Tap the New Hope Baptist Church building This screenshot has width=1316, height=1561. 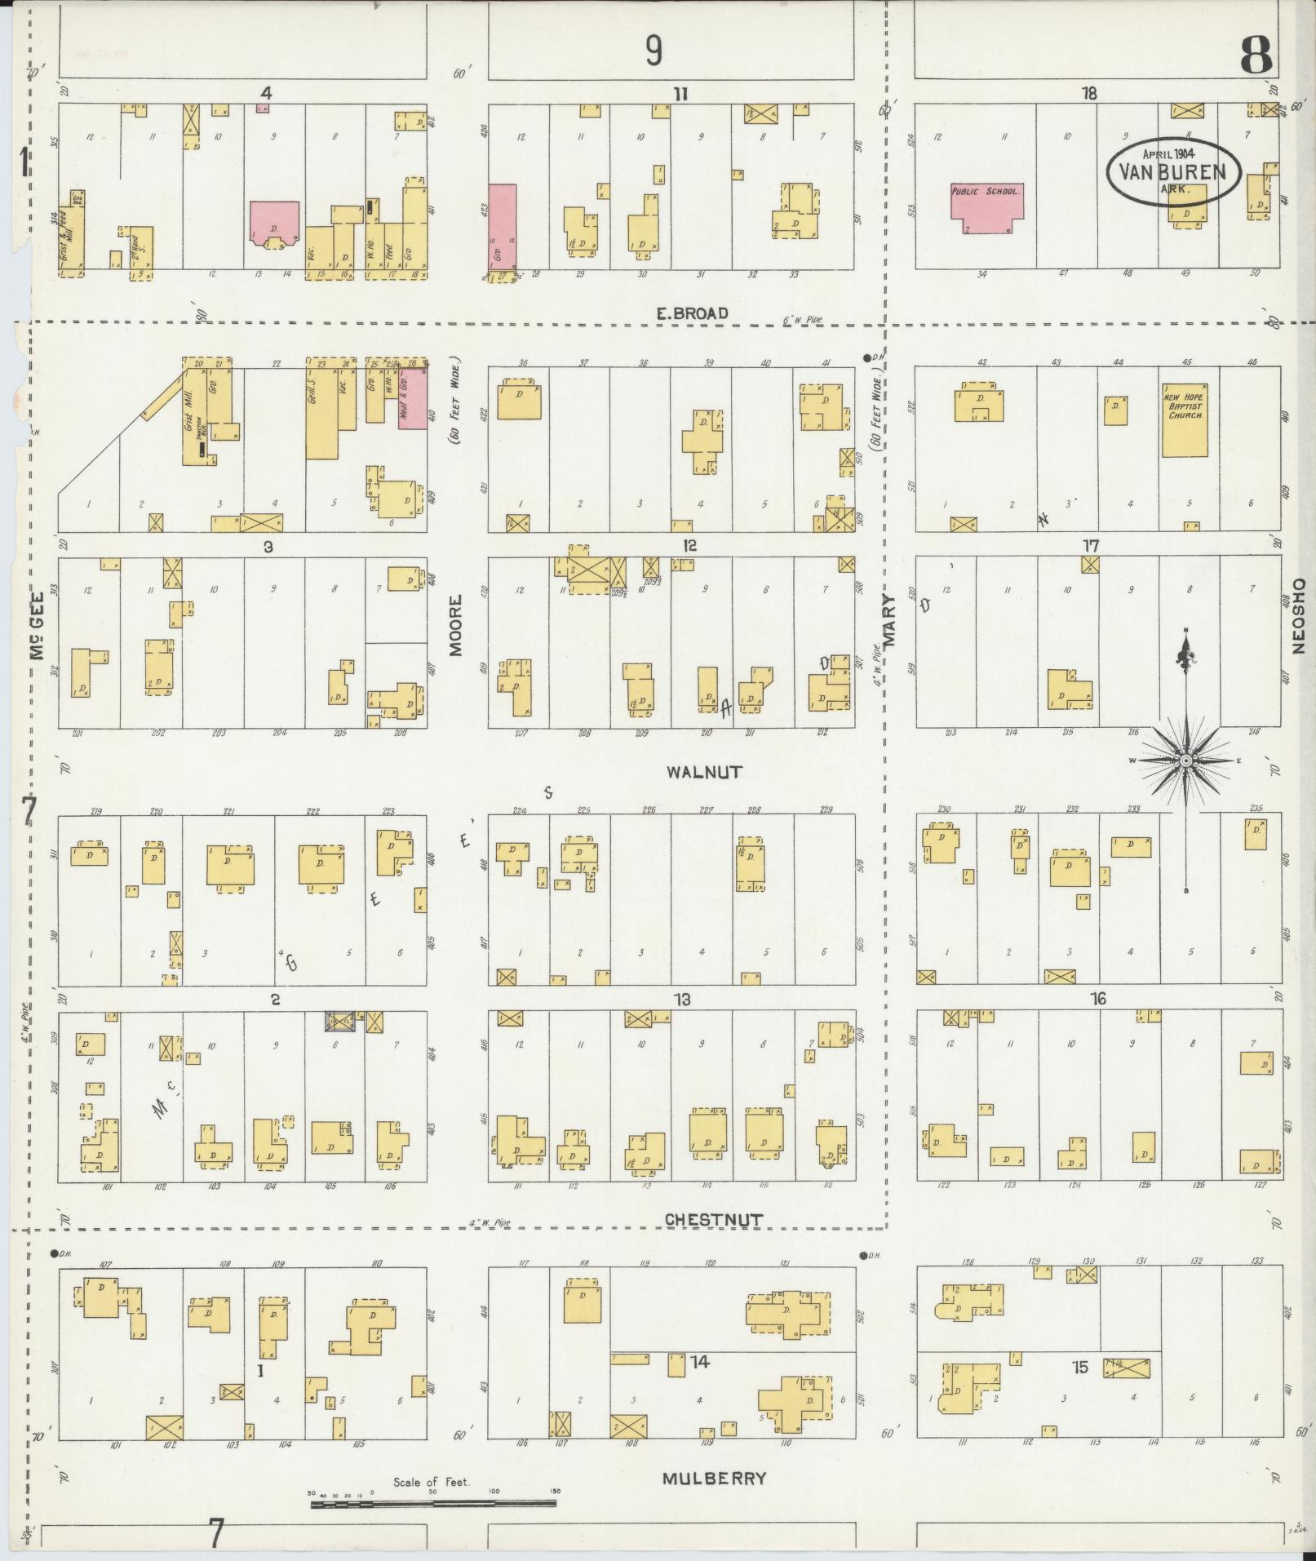(1184, 421)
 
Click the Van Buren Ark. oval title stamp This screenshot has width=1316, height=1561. (1173, 171)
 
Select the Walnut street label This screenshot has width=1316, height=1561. (704, 771)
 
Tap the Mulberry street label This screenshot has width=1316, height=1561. (714, 1478)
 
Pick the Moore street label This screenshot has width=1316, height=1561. (455, 625)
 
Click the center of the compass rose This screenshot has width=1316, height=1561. (1186, 761)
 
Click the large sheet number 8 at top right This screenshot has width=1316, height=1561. (1256, 55)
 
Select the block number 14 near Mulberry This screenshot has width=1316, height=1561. (699, 1362)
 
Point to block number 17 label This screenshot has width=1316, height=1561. (1091, 546)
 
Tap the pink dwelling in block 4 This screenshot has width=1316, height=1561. (274, 222)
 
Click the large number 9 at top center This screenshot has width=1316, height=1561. (654, 51)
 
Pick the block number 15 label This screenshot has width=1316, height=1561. (1080, 1367)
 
